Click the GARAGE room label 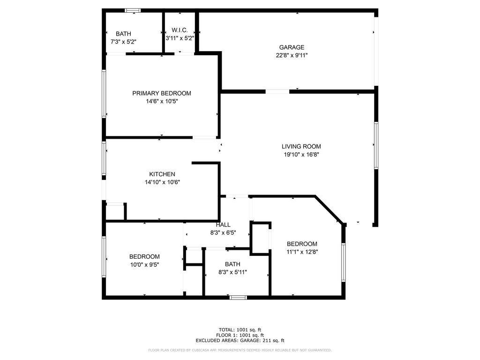click(292, 47)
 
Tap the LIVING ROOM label click(301, 146)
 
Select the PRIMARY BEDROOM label click(162, 93)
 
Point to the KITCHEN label click(162, 174)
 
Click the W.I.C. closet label click(180, 30)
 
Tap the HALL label click(223, 225)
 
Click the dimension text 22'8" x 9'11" click(292, 55)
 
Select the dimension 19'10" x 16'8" click(301, 155)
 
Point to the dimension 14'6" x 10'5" click(162, 101)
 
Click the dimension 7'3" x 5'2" click(123, 42)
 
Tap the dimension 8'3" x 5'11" click(232, 272)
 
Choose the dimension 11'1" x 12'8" click(302, 252)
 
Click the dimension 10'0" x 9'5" click(144, 265)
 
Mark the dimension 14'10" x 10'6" click(162, 182)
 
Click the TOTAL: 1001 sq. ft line click(240, 330)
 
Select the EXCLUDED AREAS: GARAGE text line click(240, 340)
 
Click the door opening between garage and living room click(277, 91)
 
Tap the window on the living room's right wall click(376, 145)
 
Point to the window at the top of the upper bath click(133, 11)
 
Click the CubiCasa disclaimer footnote click(240, 350)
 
